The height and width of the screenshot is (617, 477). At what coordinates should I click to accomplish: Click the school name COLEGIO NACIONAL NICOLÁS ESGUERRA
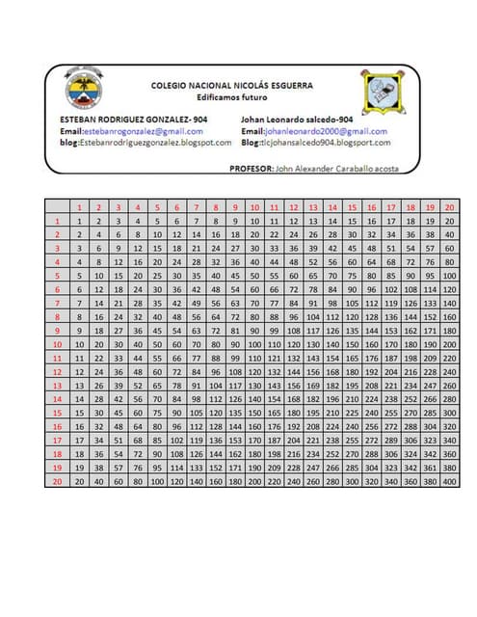(231, 86)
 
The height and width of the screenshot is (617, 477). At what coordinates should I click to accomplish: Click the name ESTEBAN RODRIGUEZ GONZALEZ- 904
(127, 118)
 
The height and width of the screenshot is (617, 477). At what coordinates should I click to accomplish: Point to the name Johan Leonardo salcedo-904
(297, 118)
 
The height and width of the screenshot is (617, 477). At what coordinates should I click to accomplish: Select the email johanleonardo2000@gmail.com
(312, 130)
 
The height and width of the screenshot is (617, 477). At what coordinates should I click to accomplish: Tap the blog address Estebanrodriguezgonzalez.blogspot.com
(145, 143)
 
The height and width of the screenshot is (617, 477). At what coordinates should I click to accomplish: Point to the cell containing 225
(351, 412)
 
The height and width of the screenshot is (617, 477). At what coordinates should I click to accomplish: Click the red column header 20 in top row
(449, 207)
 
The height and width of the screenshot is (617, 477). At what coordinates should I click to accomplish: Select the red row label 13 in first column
(57, 384)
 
